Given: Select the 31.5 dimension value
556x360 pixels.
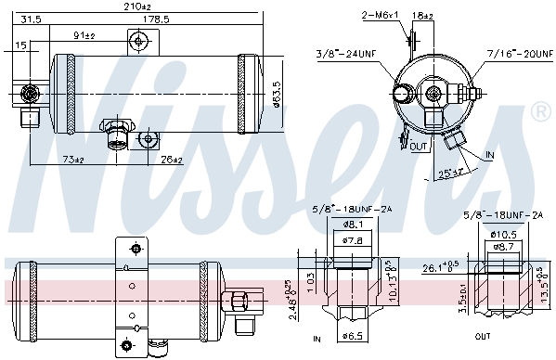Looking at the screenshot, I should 31,19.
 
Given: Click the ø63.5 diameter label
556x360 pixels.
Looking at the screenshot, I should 277,94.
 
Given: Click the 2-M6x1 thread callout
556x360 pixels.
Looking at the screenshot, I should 380,16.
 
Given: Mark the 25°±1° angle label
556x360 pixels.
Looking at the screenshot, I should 453,174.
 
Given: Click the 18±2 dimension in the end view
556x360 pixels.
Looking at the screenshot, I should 422,16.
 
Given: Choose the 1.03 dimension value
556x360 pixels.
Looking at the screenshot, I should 312,277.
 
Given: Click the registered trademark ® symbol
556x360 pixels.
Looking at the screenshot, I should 539,112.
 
